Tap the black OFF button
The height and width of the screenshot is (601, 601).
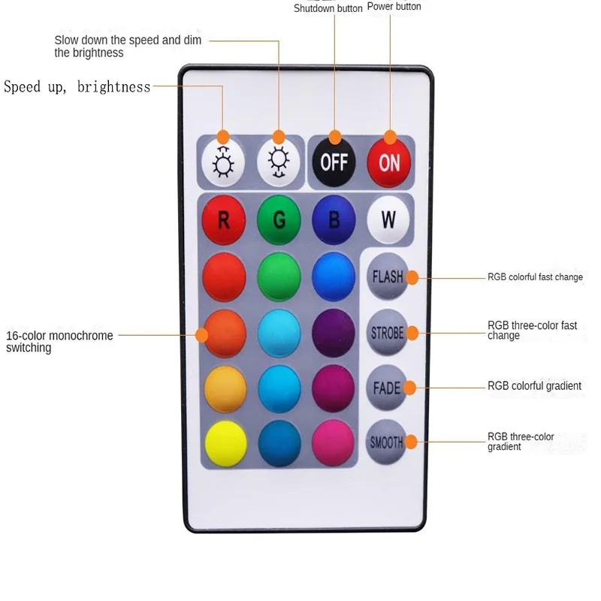point(334,161)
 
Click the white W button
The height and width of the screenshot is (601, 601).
point(388,219)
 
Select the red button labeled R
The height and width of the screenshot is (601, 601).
point(224,220)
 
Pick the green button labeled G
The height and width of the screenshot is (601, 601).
point(279,220)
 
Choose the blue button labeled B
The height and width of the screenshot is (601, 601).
point(334,220)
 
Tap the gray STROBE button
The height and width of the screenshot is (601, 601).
point(388,332)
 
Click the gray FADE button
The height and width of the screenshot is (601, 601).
point(388,388)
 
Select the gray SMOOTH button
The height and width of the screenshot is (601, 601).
point(388,442)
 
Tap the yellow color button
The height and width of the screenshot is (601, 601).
point(224,443)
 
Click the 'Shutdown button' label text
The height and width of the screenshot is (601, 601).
point(328,8)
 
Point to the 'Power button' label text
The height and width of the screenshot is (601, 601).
point(394,7)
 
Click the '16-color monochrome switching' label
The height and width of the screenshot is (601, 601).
point(59,342)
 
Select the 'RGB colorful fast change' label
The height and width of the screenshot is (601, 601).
point(535,277)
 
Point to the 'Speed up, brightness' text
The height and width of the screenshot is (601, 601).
point(77,87)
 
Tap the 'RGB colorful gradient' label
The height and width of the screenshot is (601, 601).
point(534,386)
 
